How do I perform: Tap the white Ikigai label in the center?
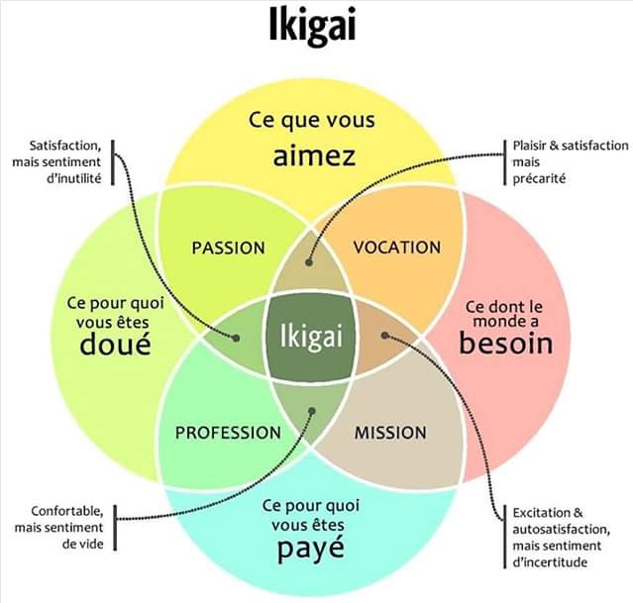click(x=311, y=336)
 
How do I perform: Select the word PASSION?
click(x=228, y=248)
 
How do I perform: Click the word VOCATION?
click(x=397, y=248)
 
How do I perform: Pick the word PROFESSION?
click(x=228, y=433)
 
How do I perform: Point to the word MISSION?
click(x=390, y=433)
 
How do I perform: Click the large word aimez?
click(x=314, y=156)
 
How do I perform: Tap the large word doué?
click(x=116, y=344)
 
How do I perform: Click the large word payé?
click(x=311, y=549)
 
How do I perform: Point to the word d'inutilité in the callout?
click(x=74, y=178)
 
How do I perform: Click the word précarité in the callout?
click(x=539, y=178)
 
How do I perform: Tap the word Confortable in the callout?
click(x=67, y=511)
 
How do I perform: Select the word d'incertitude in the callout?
click(x=550, y=562)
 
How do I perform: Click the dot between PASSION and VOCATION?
click(x=309, y=262)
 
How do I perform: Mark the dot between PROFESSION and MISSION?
click(x=312, y=411)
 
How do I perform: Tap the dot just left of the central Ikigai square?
click(x=236, y=338)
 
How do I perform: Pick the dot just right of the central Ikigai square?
click(x=384, y=335)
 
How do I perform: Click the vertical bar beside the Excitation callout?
click(x=504, y=537)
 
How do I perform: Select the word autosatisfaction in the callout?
click(x=561, y=529)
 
